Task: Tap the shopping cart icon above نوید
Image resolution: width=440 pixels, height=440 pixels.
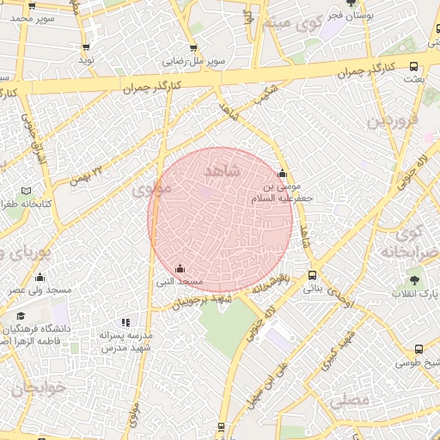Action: [x=86, y=47]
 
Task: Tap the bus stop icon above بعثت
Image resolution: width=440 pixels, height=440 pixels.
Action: [x=414, y=66]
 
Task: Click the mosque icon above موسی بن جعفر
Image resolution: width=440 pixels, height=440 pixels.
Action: [x=282, y=174]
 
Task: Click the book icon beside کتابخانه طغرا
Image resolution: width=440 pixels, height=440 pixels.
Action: [x=26, y=190]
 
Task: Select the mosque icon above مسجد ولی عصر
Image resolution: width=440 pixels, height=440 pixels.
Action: [x=40, y=277]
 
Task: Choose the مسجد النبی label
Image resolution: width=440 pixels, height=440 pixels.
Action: [x=179, y=281]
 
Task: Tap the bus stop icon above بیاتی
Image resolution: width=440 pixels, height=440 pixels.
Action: [x=311, y=276]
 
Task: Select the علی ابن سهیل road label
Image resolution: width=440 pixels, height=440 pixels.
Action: [x=269, y=378]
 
